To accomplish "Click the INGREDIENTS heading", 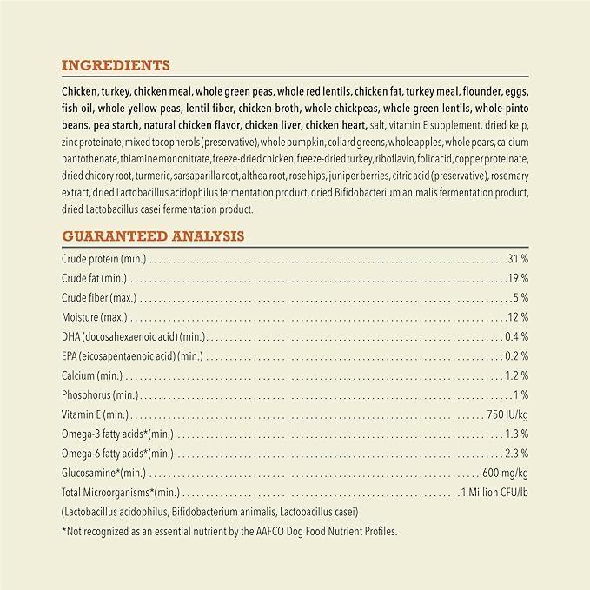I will tap(116, 65).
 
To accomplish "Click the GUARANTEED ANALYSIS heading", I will tap(153, 235).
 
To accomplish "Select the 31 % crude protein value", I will tap(517, 260).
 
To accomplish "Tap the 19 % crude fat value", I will tap(518, 279).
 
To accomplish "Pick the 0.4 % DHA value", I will tap(516, 336).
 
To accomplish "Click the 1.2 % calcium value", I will tap(516, 375).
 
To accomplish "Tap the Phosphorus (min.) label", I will tap(97, 395).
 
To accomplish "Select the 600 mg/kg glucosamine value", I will tap(505, 474).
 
